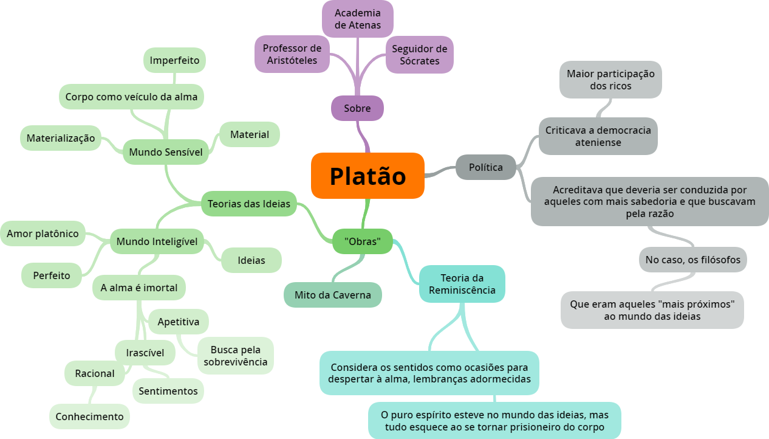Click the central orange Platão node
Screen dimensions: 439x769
[x=367, y=176]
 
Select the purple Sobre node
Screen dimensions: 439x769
[x=357, y=108]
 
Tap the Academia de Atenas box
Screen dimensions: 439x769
[x=358, y=19]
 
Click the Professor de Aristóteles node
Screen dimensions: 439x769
[x=292, y=54]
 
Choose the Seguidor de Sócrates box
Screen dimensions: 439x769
[x=419, y=55]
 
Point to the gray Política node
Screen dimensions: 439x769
[x=486, y=167]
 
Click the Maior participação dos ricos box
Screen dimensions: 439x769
[x=610, y=80]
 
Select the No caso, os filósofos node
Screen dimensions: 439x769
[x=692, y=260]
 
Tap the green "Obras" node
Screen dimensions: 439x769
[x=363, y=241]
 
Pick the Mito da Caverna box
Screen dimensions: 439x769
[x=333, y=295]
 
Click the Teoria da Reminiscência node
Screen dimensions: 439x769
[x=462, y=284]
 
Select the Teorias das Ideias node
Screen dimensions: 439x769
[x=249, y=204]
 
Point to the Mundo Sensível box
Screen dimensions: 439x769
[x=166, y=152]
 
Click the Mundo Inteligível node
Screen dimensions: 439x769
[x=157, y=241]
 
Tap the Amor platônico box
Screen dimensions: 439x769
[x=43, y=233]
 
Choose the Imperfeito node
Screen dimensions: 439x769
[x=175, y=60]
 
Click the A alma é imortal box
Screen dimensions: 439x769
[x=139, y=288]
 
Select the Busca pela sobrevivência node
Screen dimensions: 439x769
[x=236, y=356]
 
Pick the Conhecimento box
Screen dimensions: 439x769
[x=89, y=417]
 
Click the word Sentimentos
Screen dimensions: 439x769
[x=168, y=391]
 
